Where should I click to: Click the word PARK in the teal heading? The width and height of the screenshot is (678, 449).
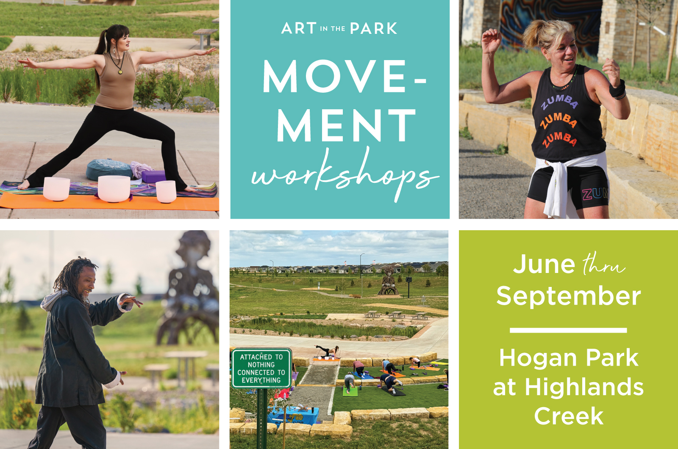coord(373,28)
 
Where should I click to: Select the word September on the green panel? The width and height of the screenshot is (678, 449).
coord(568,296)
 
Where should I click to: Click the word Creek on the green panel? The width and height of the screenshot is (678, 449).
coord(569,416)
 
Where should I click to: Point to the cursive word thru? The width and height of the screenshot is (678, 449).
coord(603,264)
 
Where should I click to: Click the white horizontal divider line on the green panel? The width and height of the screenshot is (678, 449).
coord(568,330)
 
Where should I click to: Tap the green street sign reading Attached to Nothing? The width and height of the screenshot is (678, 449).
coord(261,368)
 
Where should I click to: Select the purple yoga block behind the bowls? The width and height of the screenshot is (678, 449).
coord(153,177)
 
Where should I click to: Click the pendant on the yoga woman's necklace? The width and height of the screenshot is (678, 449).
coord(120,72)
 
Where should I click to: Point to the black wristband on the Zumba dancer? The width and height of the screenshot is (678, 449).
coord(617,88)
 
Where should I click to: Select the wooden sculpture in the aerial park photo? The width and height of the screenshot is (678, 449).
coord(388,281)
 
